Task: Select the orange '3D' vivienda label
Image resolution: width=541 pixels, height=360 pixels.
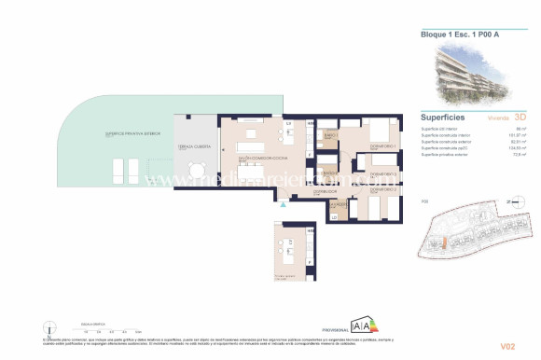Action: (x=520, y=118)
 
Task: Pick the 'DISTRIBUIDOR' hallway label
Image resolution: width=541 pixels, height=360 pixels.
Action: (x=322, y=190)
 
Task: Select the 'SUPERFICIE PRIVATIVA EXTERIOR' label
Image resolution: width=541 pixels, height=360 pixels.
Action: (x=128, y=135)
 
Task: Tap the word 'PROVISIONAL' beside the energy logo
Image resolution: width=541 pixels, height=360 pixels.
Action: (x=333, y=331)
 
